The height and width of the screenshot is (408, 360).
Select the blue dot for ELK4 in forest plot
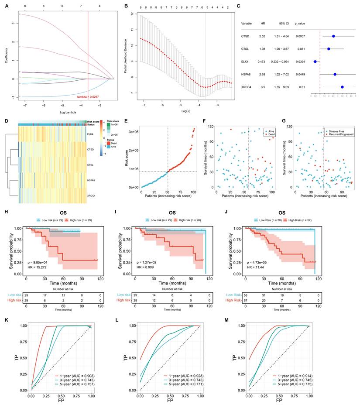tap(315, 62)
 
